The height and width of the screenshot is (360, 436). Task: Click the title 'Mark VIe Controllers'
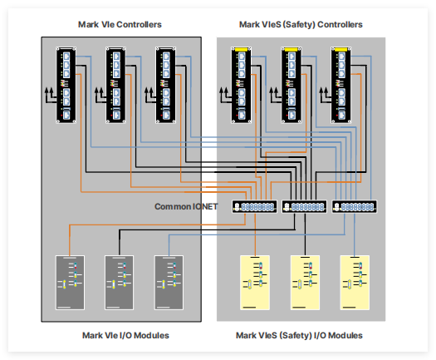pyautogui.click(x=120, y=24)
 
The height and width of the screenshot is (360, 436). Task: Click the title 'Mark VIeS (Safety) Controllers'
pyautogui.click(x=301, y=24)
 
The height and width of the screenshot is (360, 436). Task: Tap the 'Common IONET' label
pyautogui.click(x=186, y=206)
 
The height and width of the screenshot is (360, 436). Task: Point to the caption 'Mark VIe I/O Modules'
pyautogui.click(x=125, y=335)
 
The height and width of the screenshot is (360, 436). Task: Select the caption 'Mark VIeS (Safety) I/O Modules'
pyautogui.click(x=299, y=335)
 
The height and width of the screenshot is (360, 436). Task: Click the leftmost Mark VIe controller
pyautogui.click(x=66, y=85)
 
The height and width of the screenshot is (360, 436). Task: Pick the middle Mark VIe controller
pyautogui.click(x=116, y=85)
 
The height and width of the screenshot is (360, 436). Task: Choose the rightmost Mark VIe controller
pyautogui.click(x=166, y=85)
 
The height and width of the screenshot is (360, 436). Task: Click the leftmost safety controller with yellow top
pyautogui.click(x=242, y=85)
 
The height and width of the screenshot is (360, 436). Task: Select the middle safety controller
pyautogui.click(x=291, y=85)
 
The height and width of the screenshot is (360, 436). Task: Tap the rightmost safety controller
pyautogui.click(x=341, y=85)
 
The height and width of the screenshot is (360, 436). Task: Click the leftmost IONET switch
pyautogui.click(x=255, y=207)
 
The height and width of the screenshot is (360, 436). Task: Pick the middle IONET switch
pyautogui.click(x=305, y=207)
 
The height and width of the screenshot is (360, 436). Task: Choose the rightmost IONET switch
pyautogui.click(x=355, y=207)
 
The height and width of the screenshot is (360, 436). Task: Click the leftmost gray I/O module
pyautogui.click(x=70, y=283)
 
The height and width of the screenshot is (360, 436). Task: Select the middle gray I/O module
pyautogui.click(x=120, y=283)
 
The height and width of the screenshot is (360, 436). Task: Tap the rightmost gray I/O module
pyautogui.click(x=169, y=283)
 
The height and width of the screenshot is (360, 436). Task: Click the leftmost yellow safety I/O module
pyautogui.click(x=255, y=283)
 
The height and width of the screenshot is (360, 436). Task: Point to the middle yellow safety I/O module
pyautogui.click(x=305, y=283)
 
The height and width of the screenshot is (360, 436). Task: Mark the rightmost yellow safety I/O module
pyautogui.click(x=355, y=283)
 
